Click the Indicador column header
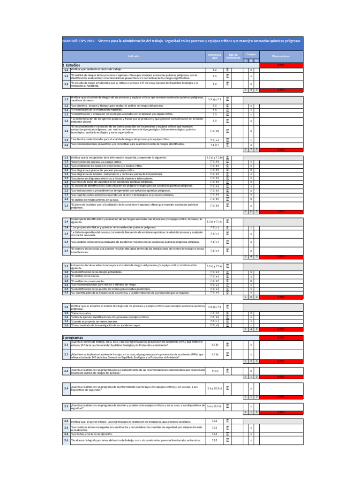134,56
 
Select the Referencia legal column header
215,56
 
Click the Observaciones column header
281,56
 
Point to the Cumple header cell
251,54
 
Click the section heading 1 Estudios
72,65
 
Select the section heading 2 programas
73,337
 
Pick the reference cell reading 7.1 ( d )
215,131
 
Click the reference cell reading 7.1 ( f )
215,145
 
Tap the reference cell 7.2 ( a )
215,313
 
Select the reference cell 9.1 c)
215,370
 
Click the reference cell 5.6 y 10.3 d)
215,406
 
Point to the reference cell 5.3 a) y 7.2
215,307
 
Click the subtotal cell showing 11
251,211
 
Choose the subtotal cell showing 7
251,150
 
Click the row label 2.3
66,371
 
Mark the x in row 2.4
251,389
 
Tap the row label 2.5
66,406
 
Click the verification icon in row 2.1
228,345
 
